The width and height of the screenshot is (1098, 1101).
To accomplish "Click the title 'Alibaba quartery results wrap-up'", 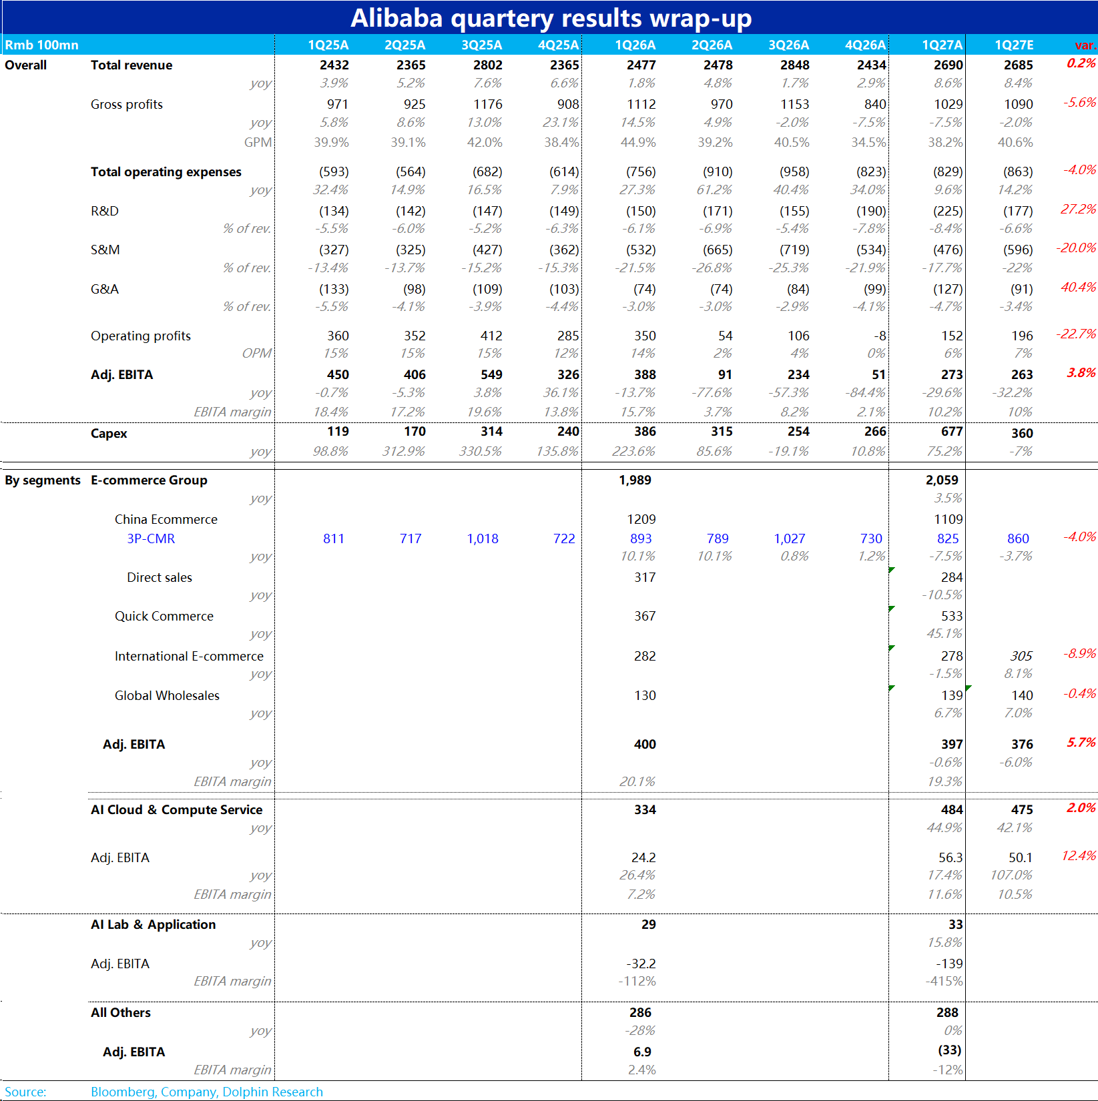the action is pos(551,18).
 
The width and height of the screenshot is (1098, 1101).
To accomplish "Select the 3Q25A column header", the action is pos(481,45).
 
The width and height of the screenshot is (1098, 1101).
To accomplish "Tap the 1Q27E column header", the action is pos(1014,45).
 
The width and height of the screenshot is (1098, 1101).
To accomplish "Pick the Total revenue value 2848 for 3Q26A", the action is pos(794,65).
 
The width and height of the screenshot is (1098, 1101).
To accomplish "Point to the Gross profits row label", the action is pos(127,104).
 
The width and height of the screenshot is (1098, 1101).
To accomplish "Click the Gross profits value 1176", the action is pos(488,104).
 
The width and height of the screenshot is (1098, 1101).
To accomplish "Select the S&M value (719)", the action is pos(794,250).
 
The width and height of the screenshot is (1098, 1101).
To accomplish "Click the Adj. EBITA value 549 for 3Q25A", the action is pos(491,374).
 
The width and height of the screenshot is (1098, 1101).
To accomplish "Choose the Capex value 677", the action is pos(952,431).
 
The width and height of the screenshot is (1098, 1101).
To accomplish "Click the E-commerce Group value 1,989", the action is pos(635,480).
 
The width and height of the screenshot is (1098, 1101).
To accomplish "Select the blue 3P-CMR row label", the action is pos(151,538).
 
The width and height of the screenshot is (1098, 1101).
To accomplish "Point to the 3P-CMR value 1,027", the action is pos(790,538).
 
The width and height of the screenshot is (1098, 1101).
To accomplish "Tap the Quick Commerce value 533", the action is pos(952,616).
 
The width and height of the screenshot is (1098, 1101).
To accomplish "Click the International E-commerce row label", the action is pos(189,656).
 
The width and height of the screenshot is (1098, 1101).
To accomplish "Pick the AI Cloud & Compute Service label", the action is pos(177,809).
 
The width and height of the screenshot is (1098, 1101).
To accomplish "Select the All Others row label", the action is pos(121,1012).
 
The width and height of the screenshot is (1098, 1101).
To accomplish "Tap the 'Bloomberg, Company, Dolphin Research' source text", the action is pos(207,1092).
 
